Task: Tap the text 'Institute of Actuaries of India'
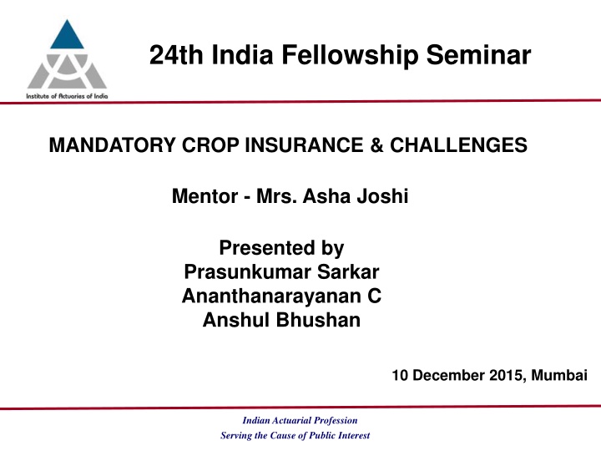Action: click(59, 95)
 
